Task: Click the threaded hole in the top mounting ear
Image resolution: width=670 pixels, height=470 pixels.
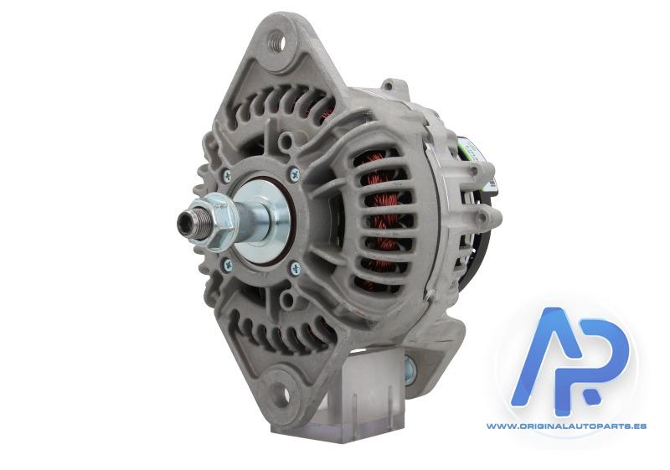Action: click(x=277, y=41)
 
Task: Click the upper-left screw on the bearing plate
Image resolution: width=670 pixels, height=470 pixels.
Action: click(x=227, y=174)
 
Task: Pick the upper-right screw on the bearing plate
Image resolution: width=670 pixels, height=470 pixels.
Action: click(x=295, y=174)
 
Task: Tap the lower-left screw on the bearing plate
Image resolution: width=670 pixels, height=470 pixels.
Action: click(x=228, y=265)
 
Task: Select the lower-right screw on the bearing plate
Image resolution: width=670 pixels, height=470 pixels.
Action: click(x=296, y=269)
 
